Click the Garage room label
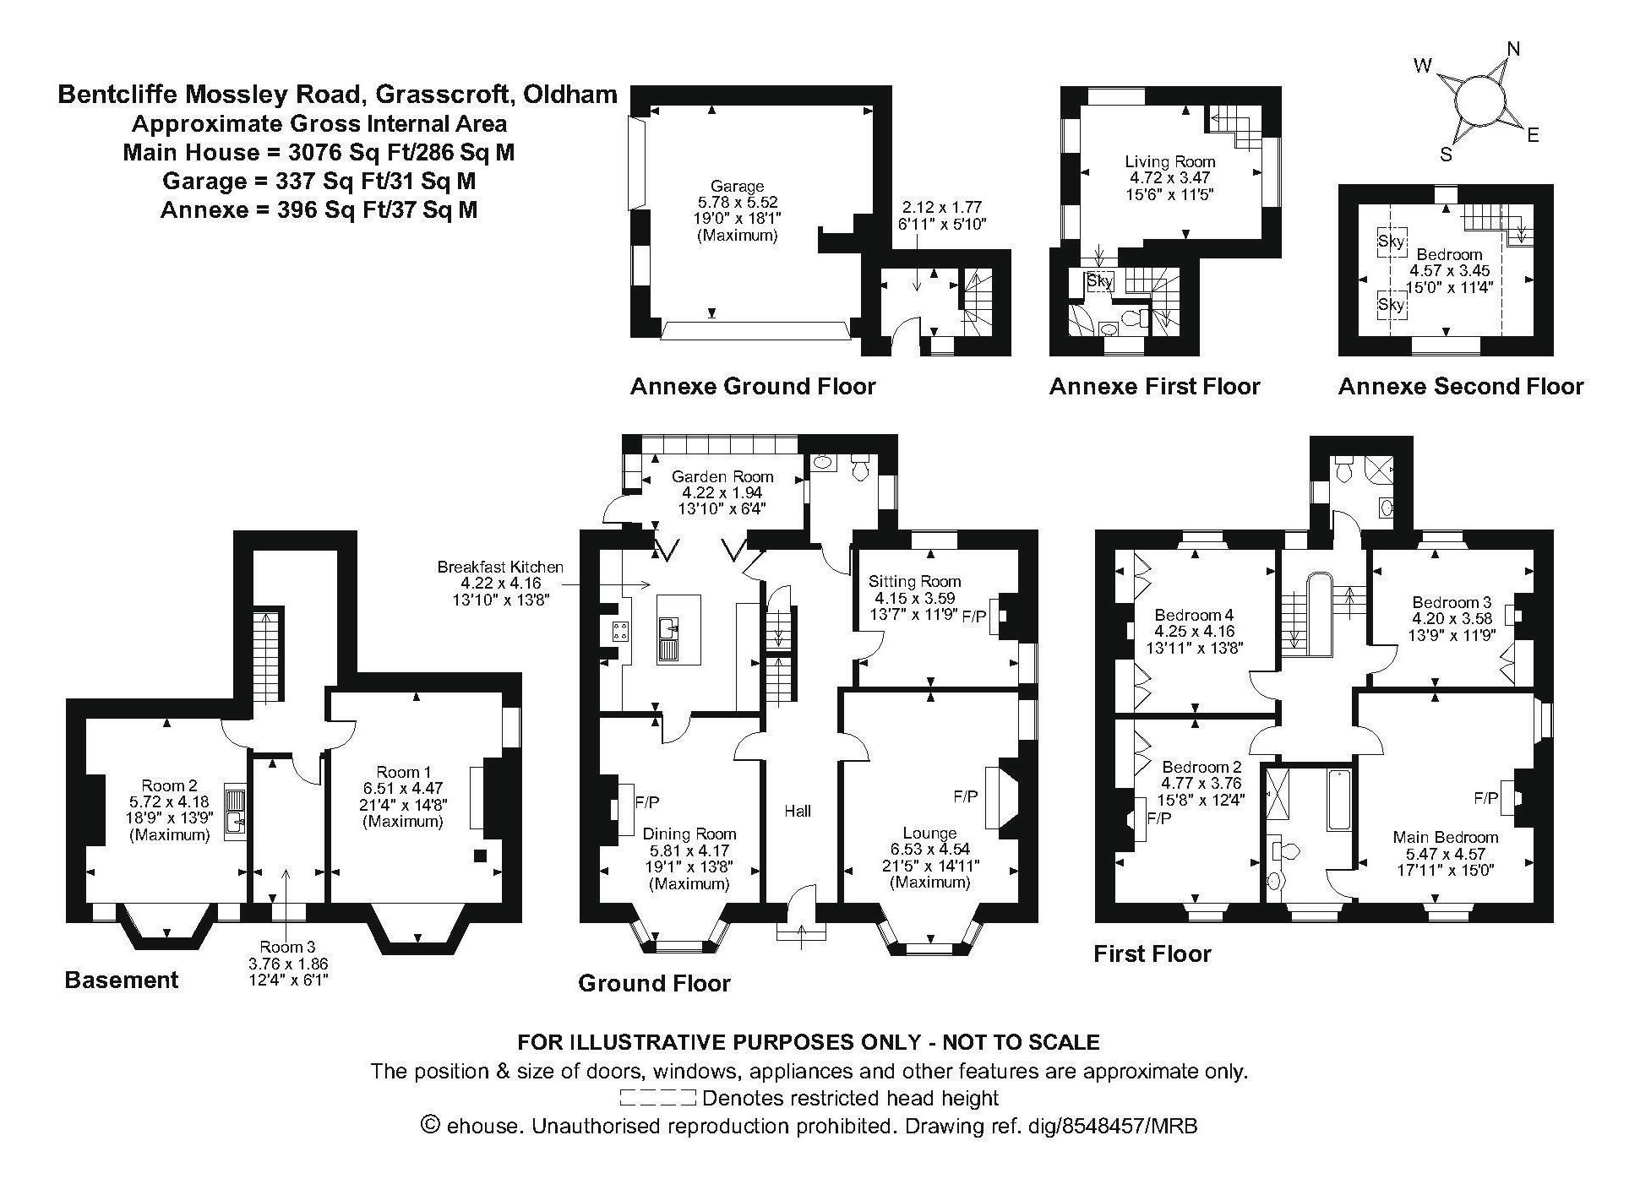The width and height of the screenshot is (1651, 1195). coord(737,186)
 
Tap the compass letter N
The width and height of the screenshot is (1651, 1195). coord(1513,49)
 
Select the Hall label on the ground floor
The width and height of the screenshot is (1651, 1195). coord(798,811)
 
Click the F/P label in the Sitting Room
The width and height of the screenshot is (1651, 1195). coord(974,617)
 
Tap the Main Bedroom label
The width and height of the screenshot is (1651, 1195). coord(1446,837)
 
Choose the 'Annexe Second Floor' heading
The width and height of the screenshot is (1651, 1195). coord(1461,387)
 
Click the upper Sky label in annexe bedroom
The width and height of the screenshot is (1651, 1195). coord(1391,242)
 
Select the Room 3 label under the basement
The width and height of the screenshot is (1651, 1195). coord(287,947)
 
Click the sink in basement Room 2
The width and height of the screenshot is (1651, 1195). coord(235,812)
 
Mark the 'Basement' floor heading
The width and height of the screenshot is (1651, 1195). coord(122,980)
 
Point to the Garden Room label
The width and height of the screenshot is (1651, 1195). coord(722,476)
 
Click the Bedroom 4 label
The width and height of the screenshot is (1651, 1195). coord(1189,615)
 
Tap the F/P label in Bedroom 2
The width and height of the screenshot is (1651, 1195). coord(1158,817)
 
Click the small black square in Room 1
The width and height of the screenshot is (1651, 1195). coord(480,856)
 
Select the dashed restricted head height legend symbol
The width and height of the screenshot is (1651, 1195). coord(657,1098)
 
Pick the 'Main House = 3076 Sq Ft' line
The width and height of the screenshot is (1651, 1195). coord(319,153)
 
